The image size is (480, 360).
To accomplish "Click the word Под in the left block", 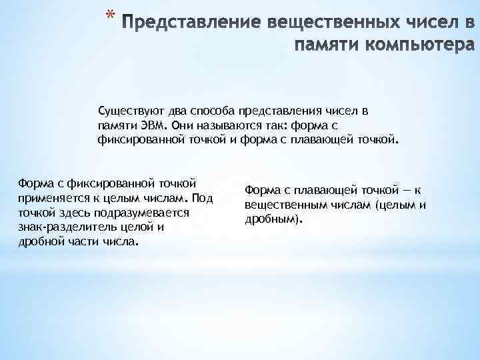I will [203, 198].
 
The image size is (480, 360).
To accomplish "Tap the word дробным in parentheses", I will [273, 219].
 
